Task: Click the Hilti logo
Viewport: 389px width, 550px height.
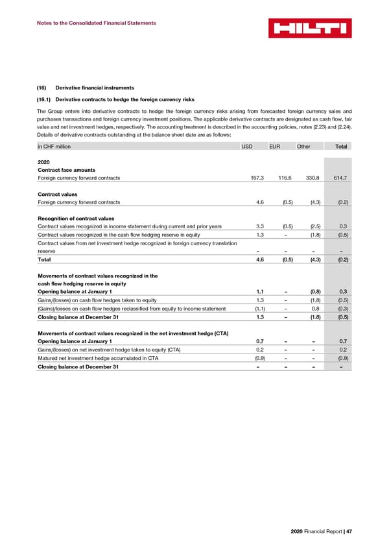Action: point(310,28)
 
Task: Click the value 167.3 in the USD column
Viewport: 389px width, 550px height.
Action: point(246,178)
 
